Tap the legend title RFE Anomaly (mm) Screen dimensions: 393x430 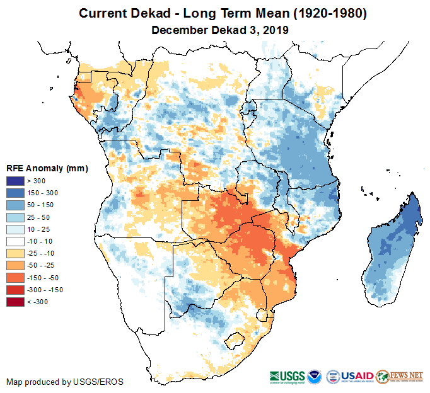click(x=47, y=169)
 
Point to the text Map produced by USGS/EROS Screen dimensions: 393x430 click(x=65, y=382)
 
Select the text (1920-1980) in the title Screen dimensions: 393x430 click(x=325, y=13)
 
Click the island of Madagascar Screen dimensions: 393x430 click(x=388, y=252)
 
